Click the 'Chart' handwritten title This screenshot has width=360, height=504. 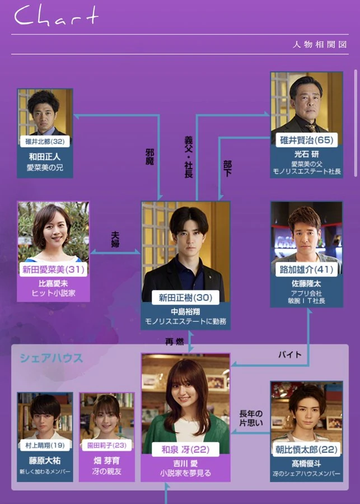coord(56,17)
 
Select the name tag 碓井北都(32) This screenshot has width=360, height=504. coord(45,141)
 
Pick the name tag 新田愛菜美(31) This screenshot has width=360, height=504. coord(53,269)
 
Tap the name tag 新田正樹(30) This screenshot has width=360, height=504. coord(186,298)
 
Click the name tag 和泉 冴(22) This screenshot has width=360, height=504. coord(185,449)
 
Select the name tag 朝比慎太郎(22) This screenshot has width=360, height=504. coord(306,449)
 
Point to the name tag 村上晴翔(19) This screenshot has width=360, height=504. coord(44,447)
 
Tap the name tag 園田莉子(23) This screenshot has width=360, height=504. coord(106,447)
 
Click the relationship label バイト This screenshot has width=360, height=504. coord(290,354)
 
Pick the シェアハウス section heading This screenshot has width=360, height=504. coord(51,358)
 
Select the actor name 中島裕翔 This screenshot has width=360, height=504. coord(185,311)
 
